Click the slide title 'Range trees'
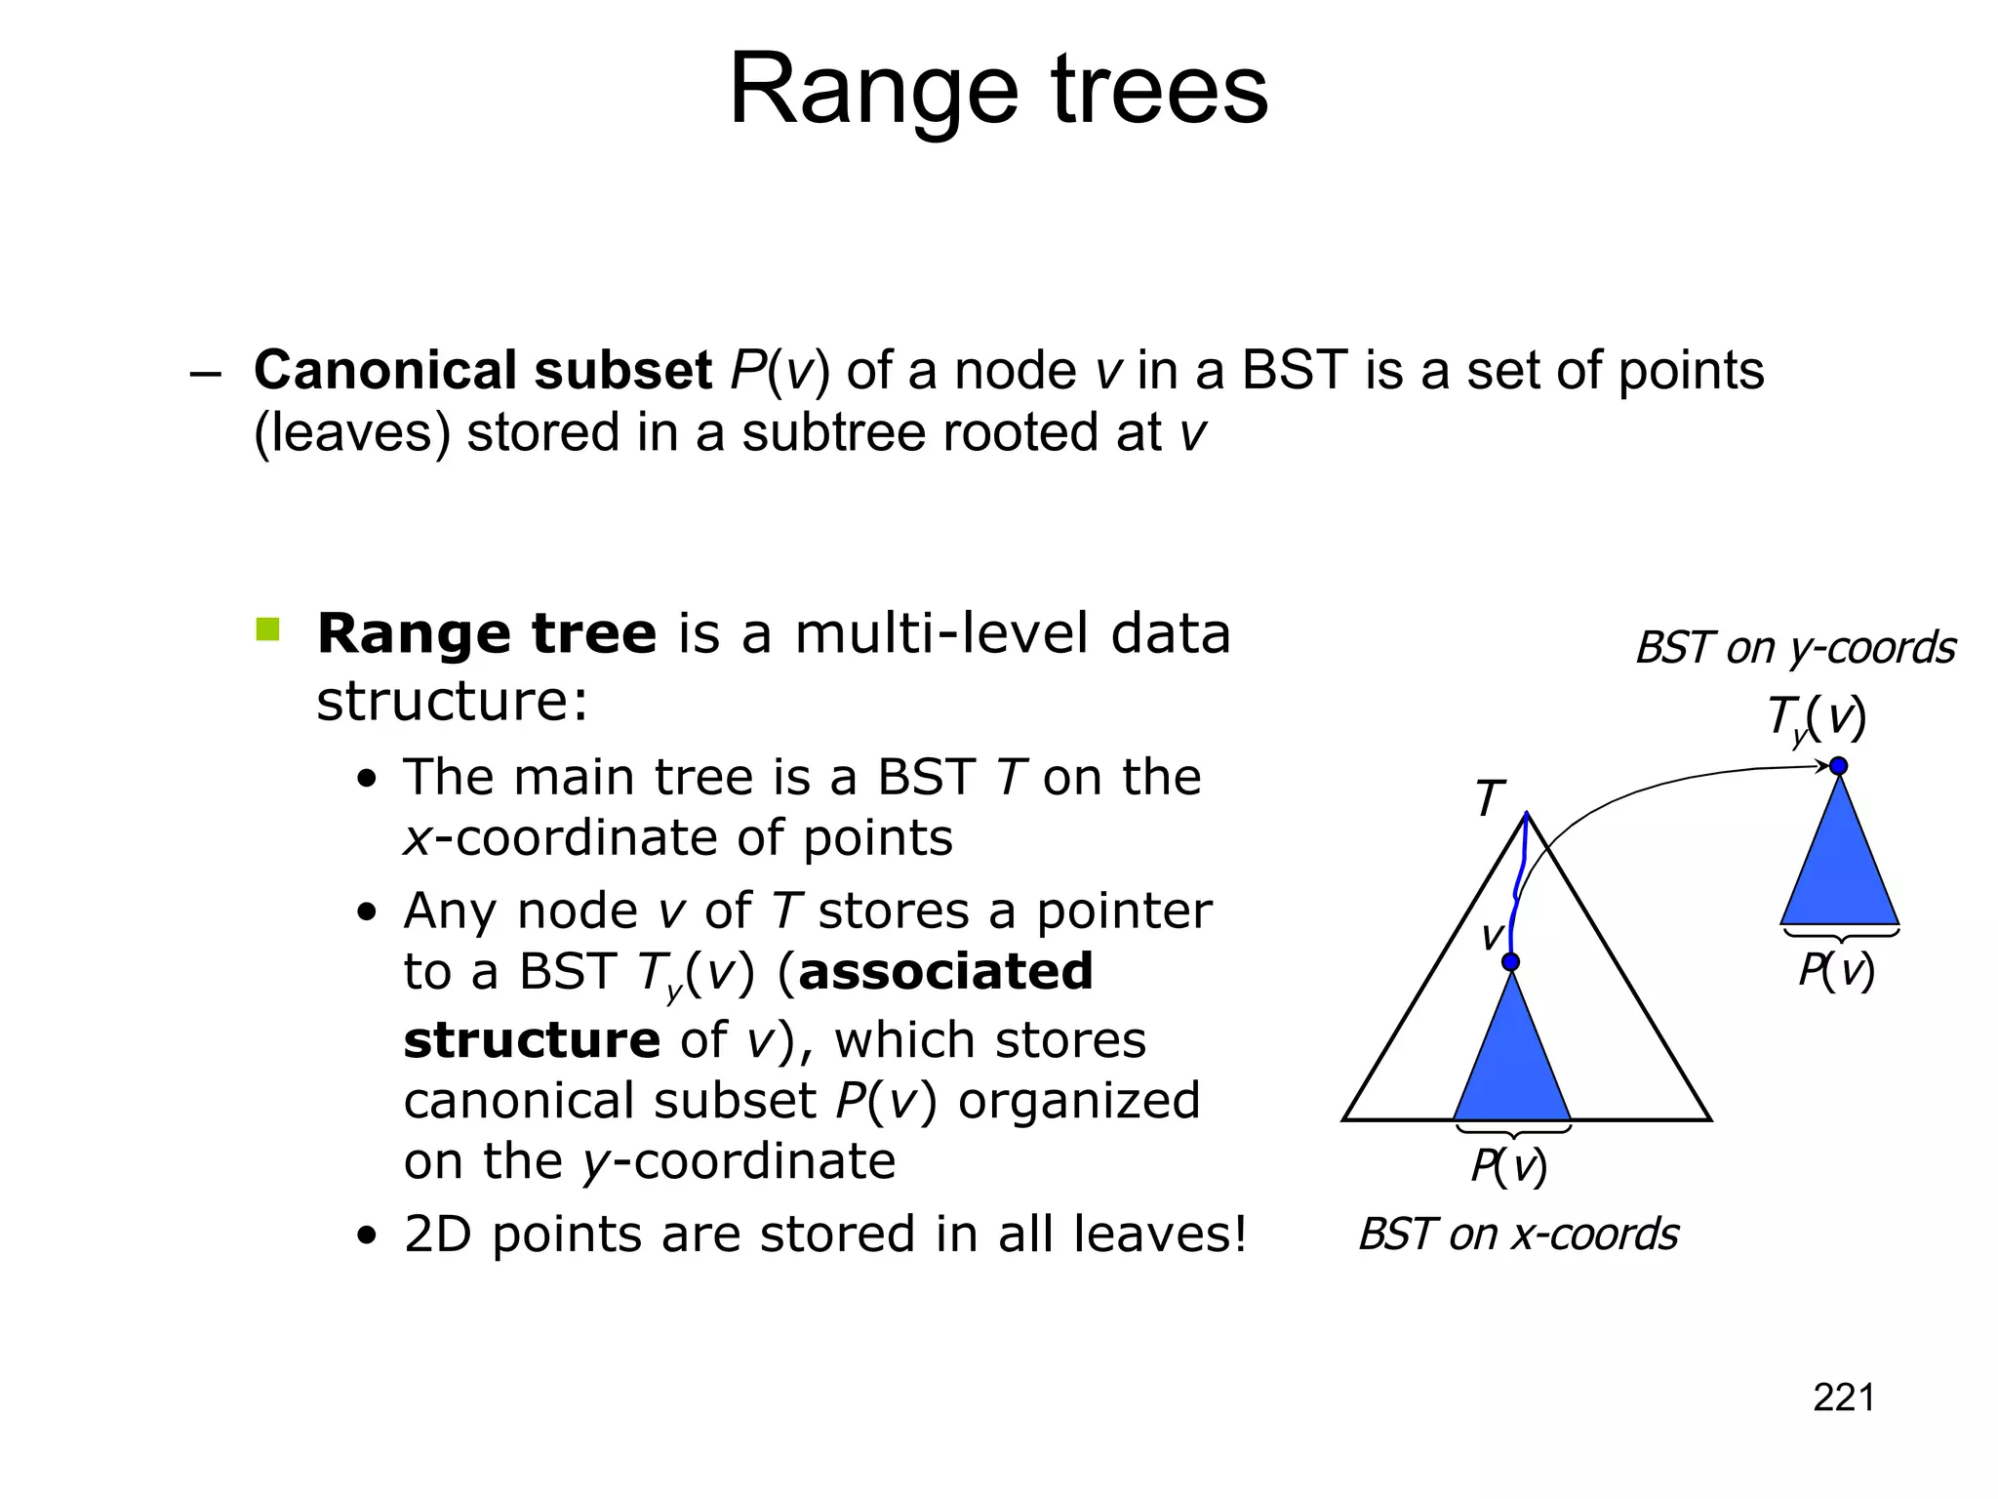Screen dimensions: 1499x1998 tap(998, 90)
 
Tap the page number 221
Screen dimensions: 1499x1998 tap(1843, 1398)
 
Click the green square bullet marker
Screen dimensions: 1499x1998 tap(267, 629)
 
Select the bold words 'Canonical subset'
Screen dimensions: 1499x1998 tap(482, 371)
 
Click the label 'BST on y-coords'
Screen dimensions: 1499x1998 tap(1795, 648)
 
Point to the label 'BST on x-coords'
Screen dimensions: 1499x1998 tap(1518, 1235)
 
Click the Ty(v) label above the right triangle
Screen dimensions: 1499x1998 tap(1816, 717)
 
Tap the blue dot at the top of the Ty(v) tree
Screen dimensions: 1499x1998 tap(1839, 766)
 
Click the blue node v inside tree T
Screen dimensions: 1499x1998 tap(1510, 962)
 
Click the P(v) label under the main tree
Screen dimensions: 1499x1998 tap(1508, 1166)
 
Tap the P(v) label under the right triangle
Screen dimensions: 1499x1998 tap(1836, 971)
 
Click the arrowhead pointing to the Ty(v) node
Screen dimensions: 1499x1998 tap(1822, 767)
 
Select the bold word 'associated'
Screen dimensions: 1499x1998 tap(944, 972)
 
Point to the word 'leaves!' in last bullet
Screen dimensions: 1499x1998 tap(1160, 1235)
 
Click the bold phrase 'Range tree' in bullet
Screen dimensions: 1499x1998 tap(486, 634)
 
